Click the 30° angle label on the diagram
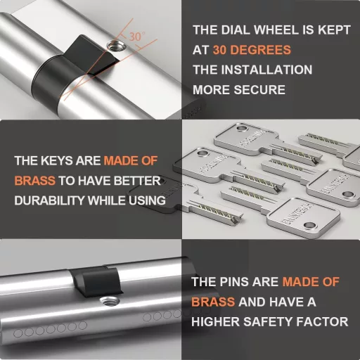[137, 37]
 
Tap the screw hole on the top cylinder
[117, 46]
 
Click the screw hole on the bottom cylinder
[110, 301]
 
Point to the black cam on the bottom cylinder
[96, 281]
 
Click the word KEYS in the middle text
[57, 161]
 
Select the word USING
[147, 200]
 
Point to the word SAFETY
[267, 321]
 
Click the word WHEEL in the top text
[276, 30]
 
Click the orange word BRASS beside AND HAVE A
[213, 302]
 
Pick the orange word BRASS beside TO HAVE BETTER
[35, 181]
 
